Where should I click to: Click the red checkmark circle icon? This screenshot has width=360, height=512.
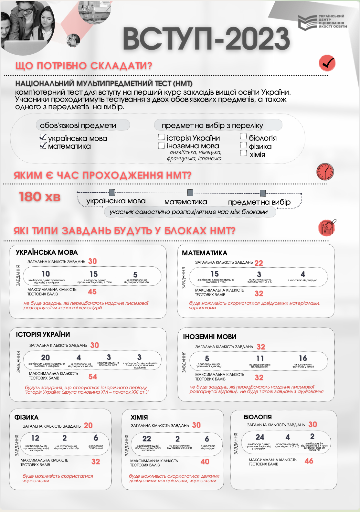[x=327, y=63]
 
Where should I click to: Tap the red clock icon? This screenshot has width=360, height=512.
[x=325, y=172]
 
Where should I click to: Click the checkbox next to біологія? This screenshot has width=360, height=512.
[x=243, y=137]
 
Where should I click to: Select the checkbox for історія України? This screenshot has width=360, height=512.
[x=161, y=137]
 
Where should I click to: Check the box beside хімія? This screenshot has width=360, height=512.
[x=243, y=153]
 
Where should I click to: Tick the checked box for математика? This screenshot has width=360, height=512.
[x=43, y=145]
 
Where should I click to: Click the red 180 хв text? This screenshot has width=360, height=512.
[x=40, y=197]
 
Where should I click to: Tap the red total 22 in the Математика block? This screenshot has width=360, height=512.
[x=259, y=263]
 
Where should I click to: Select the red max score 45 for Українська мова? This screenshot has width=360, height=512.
[x=92, y=292]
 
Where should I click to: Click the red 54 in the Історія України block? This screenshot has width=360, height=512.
[x=93, y=377]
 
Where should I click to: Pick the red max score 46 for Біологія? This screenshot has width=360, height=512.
[x=309, y=461]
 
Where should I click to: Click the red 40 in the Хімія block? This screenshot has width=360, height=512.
[x=205, y=462]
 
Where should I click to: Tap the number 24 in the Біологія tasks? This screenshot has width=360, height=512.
[x=260, y=437]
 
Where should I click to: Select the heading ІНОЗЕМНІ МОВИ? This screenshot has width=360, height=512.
[x=210, y=337]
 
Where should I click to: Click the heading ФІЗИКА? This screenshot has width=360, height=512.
[x=26, y=417]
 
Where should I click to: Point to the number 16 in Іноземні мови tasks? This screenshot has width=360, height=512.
[x=303, y=358]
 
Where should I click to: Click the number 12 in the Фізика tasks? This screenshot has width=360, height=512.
[x=35, y=438]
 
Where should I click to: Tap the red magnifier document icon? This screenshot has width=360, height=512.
[x=327, y=228]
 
